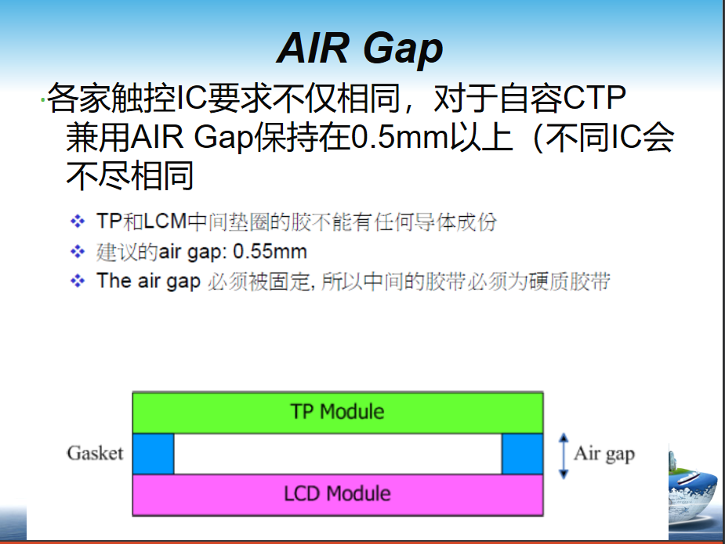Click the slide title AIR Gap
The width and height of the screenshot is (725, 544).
tap(361, 49)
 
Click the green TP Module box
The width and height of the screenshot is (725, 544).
tap(337, 412)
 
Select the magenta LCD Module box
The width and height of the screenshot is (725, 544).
tap(337, 494)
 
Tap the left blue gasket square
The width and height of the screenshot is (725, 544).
tap(153, 453)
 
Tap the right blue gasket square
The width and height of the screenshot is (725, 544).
tap(521, 453)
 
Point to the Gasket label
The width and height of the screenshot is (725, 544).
tap(95, 453)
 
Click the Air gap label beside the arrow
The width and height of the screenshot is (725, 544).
tap(604, 453)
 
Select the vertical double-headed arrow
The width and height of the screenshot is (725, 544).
tap(562, 455)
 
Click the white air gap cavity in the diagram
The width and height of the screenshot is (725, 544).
tap(337, 453)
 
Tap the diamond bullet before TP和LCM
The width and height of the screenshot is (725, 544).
tap(77, 222)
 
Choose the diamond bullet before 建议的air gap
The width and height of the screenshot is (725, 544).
tap(77, 252)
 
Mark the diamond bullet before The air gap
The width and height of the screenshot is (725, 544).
tap(77, 281)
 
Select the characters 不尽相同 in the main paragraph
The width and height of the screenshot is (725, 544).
tap(130, 177)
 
